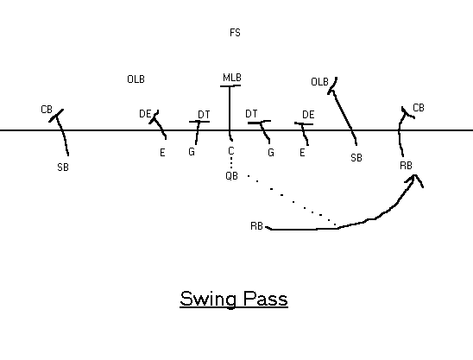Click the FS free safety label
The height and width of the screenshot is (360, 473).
(235, 33)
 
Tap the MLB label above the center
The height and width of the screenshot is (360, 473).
(232, 78)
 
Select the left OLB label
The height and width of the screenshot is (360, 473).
(136, 79)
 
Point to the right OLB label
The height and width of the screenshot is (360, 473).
(319, 82)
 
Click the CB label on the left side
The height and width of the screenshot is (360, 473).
(47, 110)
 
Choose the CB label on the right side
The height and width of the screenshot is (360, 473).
(419, 108)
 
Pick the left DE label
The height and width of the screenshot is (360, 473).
(145, 114)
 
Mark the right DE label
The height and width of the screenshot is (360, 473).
(308, 115)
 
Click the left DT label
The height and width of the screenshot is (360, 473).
(204, 115)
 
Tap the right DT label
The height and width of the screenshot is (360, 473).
(251, 114)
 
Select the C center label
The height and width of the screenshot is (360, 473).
(231, 150)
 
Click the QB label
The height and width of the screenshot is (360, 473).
(231, 176)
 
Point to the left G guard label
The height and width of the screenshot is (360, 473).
(192, 151)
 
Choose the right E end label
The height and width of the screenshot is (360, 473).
(302, 153)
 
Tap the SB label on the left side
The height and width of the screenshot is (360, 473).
(63, 167)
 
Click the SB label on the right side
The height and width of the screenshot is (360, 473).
(356, 158)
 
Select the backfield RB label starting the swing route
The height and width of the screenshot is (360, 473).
(256, 226)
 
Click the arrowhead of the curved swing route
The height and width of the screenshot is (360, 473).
(415, 176)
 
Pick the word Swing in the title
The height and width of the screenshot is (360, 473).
(208, 300)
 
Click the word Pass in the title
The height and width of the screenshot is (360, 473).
(266, 299)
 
